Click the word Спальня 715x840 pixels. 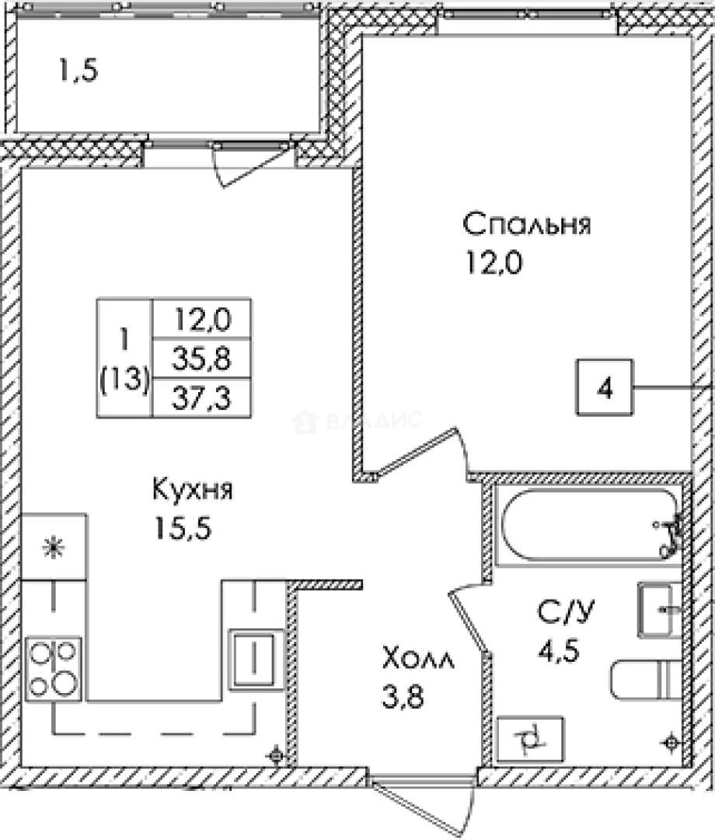pos(527,226)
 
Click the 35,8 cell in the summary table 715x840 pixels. pos(202,359)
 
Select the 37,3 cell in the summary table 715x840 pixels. pos(202,399)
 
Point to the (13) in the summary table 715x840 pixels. pos(124,380)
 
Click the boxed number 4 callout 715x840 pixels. pos(605,387)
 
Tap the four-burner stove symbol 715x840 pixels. pos(54,668)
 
